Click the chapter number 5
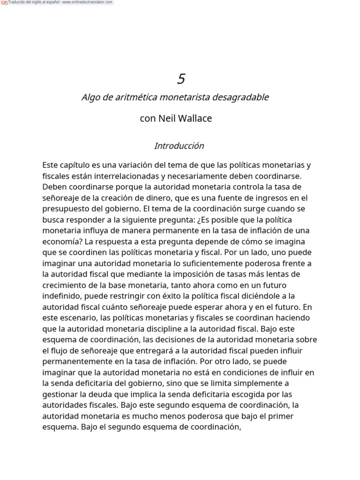point(181,79)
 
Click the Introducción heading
point(179,146)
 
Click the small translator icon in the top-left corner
point(4,2)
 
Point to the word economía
point(59,242)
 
